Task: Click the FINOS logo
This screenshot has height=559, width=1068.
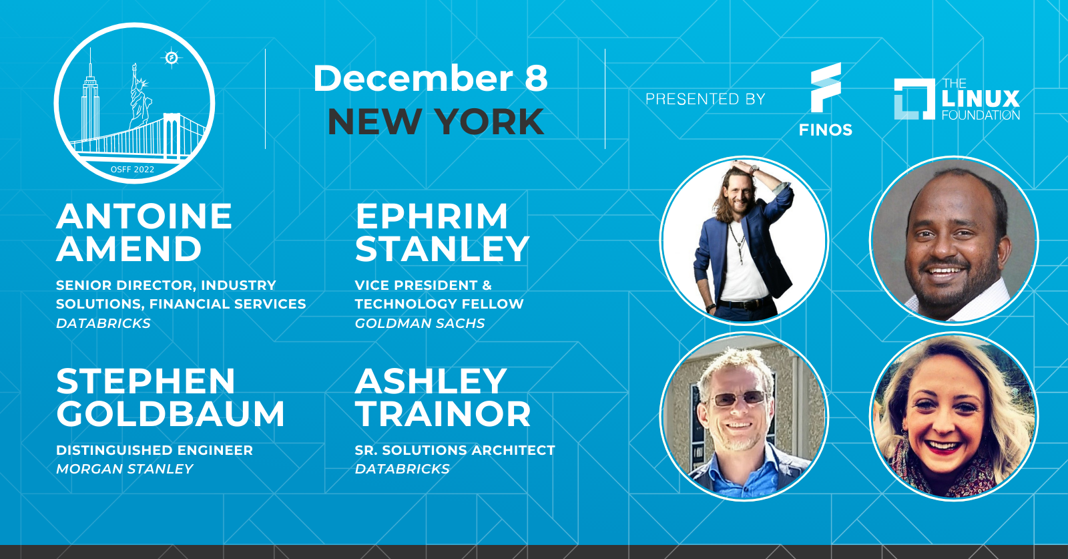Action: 826,100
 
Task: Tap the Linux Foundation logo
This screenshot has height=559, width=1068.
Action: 957,100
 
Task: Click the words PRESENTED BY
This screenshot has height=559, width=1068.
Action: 705,100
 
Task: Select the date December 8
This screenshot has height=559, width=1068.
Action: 431,78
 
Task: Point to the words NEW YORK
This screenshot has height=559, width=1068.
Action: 436,122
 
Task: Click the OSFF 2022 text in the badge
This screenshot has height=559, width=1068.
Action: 133,170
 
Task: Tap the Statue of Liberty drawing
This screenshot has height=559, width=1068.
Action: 140,96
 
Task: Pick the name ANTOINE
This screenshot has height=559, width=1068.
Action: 144,216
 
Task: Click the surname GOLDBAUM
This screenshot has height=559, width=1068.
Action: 170,413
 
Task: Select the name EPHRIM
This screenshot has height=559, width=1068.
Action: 431,216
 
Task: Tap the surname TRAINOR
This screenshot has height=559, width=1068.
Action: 443,413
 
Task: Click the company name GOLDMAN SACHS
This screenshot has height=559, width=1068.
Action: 420,323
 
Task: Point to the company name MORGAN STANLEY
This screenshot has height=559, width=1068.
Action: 124,470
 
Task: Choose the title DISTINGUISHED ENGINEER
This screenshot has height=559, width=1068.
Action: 154,450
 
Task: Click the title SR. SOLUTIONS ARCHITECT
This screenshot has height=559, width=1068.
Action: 455,450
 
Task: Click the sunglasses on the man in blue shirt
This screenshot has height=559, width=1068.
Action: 737,398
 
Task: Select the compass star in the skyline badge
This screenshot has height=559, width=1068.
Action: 172,58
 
